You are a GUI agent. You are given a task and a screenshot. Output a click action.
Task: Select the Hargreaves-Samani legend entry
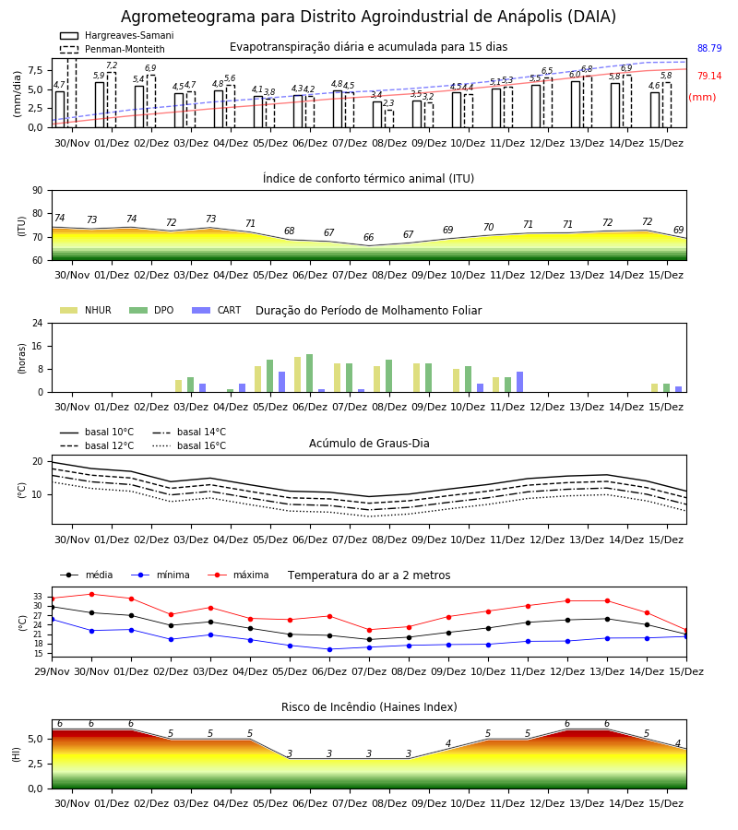(x=117, y=35)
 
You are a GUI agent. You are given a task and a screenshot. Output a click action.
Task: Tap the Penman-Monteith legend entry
(x=113, y=49)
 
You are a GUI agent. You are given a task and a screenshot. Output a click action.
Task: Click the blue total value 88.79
(x=709, y=48)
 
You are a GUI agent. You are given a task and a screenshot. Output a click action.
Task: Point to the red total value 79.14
(x=709, y=76)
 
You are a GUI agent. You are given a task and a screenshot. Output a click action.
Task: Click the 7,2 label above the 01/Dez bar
(x=112, y=65)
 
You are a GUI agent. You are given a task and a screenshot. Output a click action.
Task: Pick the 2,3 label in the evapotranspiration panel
(x=388, y=102)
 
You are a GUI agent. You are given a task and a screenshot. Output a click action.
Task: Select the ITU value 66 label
(x=368, y=237)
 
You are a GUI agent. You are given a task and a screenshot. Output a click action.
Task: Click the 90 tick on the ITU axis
(x=38, y=191)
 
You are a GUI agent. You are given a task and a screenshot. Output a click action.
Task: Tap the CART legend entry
(x=217, y=310)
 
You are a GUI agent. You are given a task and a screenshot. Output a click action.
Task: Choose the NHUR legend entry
(x=86, y=310)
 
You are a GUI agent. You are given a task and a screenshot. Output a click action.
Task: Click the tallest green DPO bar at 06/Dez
(x=310, y=373)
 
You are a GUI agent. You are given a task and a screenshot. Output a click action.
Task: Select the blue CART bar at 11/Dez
(x=520, y=382)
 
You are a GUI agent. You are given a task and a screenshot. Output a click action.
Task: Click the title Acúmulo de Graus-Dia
(x=369, y=443)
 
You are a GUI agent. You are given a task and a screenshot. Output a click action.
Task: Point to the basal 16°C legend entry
(x=189, y=445)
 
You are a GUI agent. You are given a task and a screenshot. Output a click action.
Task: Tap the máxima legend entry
(x=238, y=575)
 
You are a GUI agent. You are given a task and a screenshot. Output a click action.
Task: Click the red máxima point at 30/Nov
(x=91, y=595)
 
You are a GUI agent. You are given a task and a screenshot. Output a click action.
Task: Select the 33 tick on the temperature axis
(x=38, y=597)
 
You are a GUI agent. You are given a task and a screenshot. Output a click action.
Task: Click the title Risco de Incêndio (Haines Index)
(x=369, y=706)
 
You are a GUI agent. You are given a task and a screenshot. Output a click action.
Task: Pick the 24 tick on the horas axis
(x=38, y=323)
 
